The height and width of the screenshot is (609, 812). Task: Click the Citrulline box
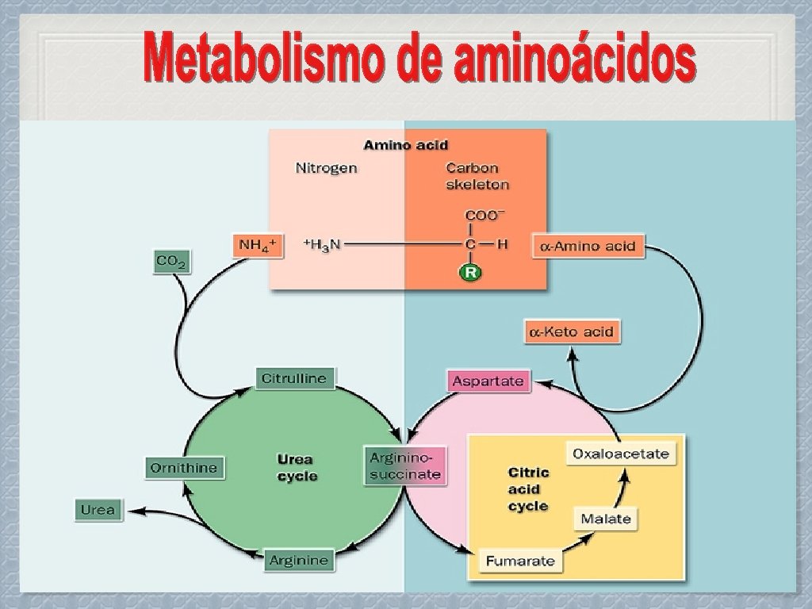294,378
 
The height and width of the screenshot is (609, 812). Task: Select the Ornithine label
183,468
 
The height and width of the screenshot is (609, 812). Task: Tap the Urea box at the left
98,510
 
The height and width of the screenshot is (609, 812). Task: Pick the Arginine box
298,560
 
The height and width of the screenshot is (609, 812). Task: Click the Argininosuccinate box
404,466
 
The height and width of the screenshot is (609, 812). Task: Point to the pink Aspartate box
488,381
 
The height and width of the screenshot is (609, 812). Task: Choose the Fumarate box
520,561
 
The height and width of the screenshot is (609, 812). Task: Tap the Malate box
606,519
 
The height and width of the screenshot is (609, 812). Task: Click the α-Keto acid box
572,331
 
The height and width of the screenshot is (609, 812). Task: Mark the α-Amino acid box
587,246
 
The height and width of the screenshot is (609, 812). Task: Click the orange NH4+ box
258,245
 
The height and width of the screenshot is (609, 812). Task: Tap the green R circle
470,273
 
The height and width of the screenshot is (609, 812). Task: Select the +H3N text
322,245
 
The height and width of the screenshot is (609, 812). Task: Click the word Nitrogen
326,168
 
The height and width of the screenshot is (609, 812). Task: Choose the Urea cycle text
297,468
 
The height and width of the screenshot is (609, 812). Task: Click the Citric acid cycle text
528,488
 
